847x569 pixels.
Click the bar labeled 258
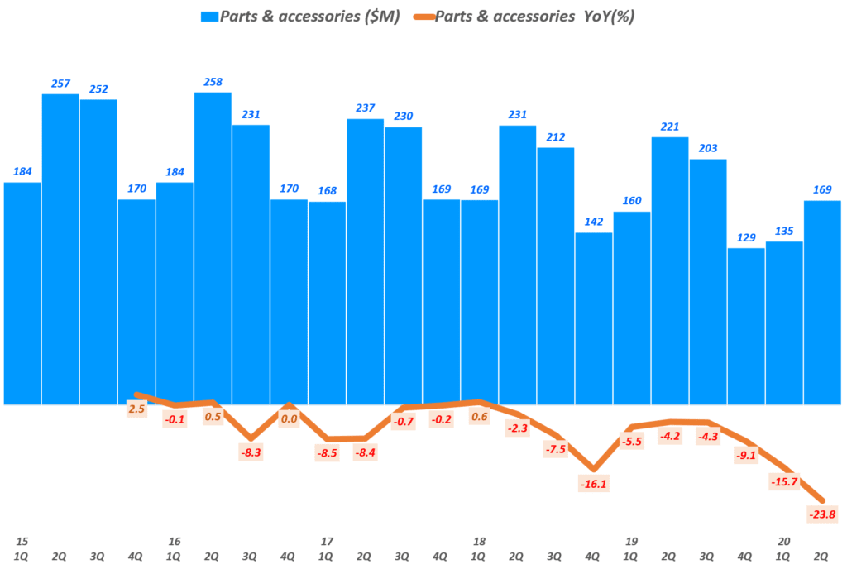(x=213, y=248)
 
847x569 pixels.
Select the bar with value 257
(x=60, y=249)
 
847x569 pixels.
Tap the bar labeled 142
(x=593, y=318)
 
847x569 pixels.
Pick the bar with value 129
(x=745, y=326)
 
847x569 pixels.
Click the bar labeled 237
(x=365, y=261)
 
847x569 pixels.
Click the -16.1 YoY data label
(x=593, y=483)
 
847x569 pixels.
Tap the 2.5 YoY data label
(x=137, y=409)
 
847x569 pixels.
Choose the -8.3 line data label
(x=251, y=452)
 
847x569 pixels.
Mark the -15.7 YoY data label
(x=783, y=481)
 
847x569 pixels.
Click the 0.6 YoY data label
(x=479, y=416)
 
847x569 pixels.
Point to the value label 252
(x=98, y=89)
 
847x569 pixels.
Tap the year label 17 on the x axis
(x=327, y=541)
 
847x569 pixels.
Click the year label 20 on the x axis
(x=783, y=541)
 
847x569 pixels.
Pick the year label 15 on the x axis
(x=22, y=541)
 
